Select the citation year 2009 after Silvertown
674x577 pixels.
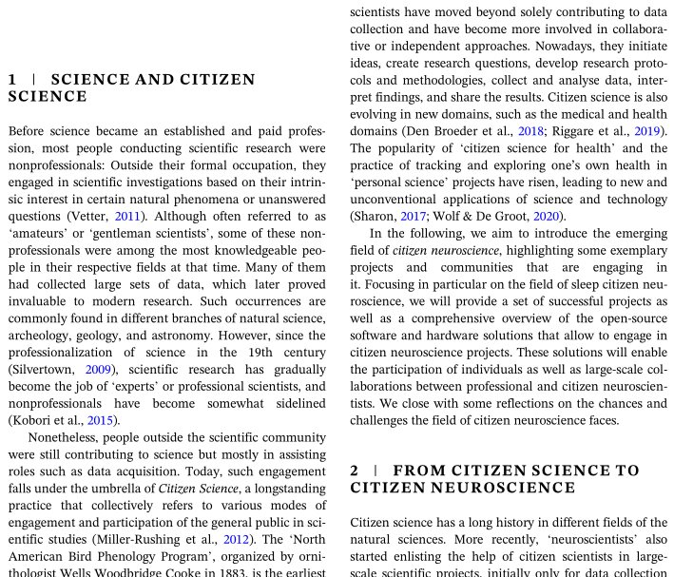point(98,370)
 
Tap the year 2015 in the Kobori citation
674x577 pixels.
point(103,420)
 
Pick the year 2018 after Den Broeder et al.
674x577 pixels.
point(530,131)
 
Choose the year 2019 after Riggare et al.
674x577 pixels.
point(647,131)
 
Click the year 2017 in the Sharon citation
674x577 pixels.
point(414,217)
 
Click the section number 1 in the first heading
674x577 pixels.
point(12,80)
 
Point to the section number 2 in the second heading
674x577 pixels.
point(355,471)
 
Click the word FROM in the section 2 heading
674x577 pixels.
point(419,471)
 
